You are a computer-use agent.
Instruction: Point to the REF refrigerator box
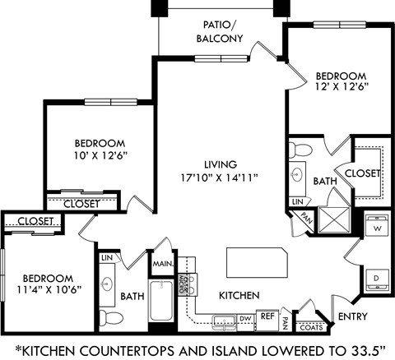[x=267, y=316]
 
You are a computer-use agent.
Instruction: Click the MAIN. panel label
[x=160, y=263]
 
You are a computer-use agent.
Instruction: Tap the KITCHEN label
[x=239, y=294]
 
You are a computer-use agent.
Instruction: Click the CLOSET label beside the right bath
[x=361, y=173]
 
